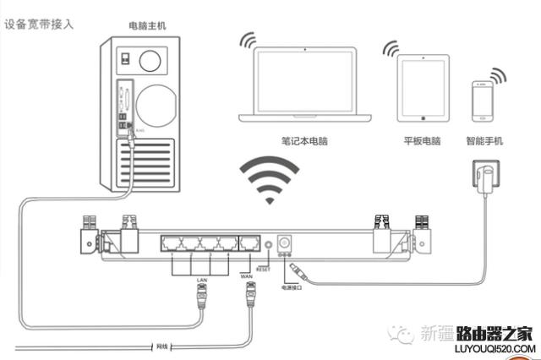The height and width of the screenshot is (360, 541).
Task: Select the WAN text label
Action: point(247,275)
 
